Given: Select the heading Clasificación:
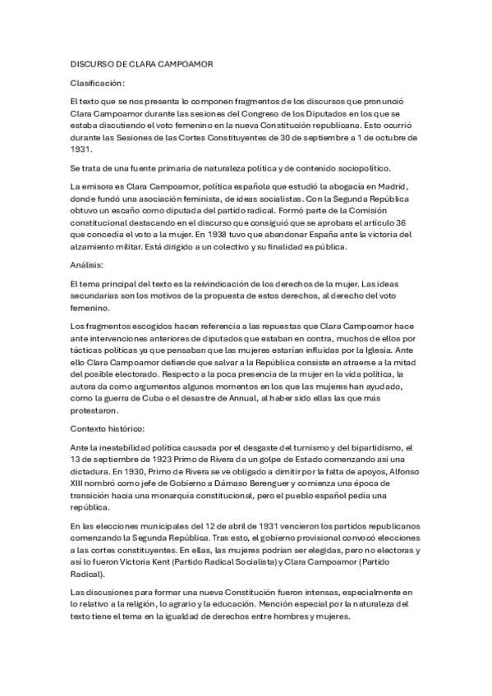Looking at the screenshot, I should [98, 83].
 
